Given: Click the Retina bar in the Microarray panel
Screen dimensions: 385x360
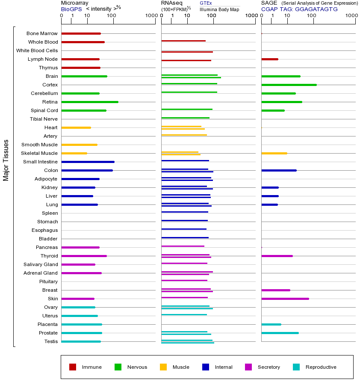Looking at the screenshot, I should click(90, 102).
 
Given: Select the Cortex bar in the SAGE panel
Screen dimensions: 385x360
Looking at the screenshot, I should click(289, 85).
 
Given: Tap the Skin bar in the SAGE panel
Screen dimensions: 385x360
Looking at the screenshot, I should click(285, 299).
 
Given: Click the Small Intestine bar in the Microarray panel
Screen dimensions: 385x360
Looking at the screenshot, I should click(88, 162).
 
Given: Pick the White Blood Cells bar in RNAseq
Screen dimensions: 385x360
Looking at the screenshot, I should click(187, 52).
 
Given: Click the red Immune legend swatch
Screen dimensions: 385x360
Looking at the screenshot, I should click(73, 367).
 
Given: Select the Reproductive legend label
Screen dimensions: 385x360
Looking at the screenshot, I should click(321, 367).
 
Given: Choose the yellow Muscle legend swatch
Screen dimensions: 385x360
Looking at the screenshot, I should click(163, 367).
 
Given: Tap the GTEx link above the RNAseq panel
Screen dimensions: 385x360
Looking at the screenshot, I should click(206, 3).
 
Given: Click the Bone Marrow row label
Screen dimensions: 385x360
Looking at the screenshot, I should click(42, 33).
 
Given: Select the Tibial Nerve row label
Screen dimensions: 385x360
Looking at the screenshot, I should click(44, 119).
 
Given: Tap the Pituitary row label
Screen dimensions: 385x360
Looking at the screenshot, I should click(48, 281).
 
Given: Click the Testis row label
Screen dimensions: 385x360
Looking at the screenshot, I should click(51, 341).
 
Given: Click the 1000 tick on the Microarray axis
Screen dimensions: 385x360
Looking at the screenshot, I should click(151, 16).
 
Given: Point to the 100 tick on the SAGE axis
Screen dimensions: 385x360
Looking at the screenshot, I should click(312, 16).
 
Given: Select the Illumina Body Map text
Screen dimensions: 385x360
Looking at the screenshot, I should click(220, 9).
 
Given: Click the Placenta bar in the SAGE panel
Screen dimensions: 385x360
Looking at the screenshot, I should click(271, 324).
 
